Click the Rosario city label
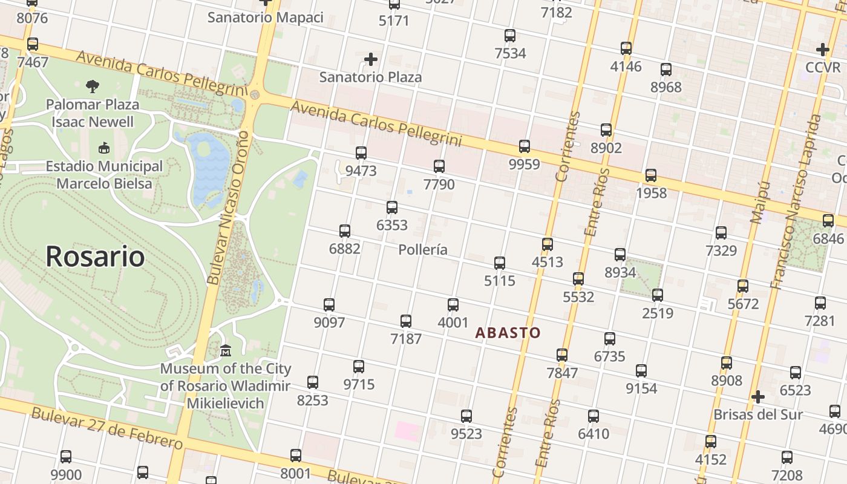(x=95, y=257)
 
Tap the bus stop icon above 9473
(x=361, y=153)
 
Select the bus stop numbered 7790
(x=439, y=166)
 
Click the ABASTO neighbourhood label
(x=508, y=333)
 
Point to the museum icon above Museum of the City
(x=226, y=351)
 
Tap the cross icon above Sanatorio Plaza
(x=371, y=59)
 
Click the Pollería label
(x=423, y=249)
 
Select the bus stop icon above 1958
(x=651, y=175)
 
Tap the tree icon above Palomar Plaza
(x=93, y=87)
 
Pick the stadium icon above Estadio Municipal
(x=104, y=148)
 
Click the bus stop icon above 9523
(x=466, y=416)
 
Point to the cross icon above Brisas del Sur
(x=757, y=397)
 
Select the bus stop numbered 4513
(x=548, y=244)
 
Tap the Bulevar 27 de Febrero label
(x=106, y=428)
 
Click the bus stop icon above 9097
(x=329, y=305)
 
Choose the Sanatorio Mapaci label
(x=265, y=17)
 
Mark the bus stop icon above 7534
(x=510, y=36)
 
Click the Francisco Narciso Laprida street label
(x=796, y=202)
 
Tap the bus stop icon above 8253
(x=313, y=382)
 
